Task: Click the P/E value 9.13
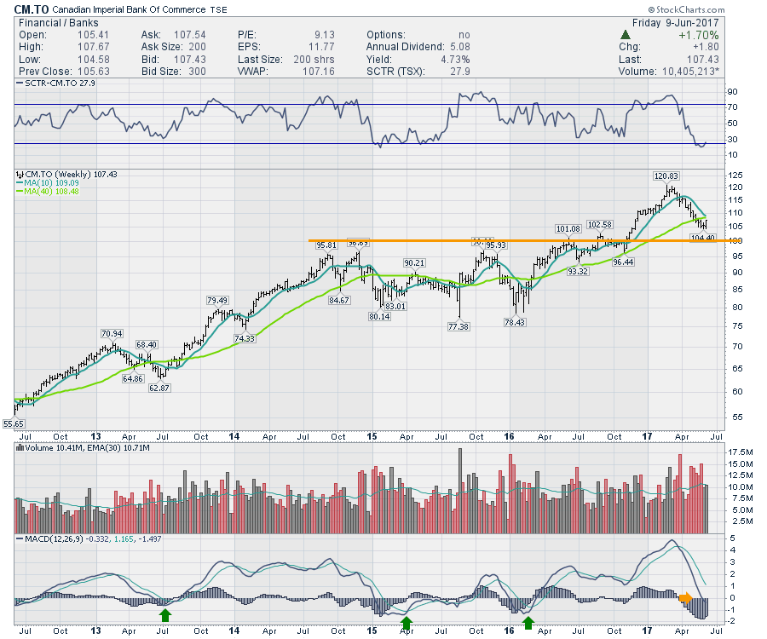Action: [x=325, y=36]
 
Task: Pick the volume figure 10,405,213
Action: [x=687, y=72]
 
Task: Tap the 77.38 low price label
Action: [x=458, y=327]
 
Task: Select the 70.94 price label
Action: [x=112, y=333]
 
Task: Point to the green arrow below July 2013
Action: [x=165, y=613]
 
